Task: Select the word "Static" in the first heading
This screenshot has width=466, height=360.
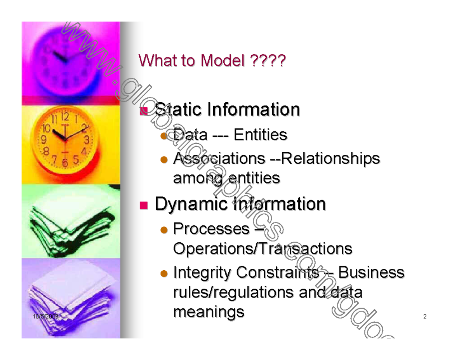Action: tap(178, 110)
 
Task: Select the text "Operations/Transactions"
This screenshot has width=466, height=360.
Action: tap(263, 248)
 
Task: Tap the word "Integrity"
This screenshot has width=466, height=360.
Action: tap(202, 273)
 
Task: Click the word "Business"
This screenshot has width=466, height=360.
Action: tap(371, 273)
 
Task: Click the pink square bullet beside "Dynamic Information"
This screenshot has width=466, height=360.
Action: tap(144, 205)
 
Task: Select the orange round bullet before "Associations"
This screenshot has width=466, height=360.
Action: tap(164, 159)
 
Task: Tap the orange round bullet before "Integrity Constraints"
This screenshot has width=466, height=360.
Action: tap(164, 273)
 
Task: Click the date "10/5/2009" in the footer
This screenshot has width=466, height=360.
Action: tap(45, 317)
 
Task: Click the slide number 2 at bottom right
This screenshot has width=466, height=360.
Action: tap(425, 317)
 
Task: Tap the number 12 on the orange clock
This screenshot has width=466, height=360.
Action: tap(65, 116)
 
